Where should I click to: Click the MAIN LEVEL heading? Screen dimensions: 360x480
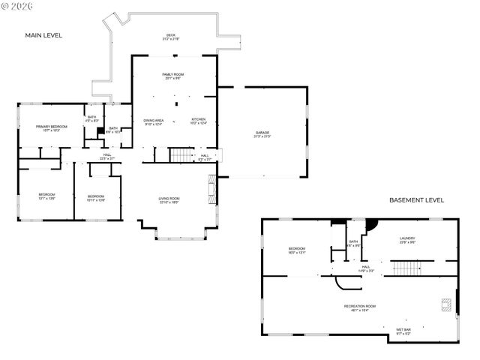point(43,35)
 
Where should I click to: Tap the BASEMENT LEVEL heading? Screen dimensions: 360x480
point(416,200)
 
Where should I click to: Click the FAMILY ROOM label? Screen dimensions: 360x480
point(173,76)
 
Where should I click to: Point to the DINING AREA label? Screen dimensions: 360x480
point(154,121)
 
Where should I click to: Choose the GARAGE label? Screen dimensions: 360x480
point(262,134)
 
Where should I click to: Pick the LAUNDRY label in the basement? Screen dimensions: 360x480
point(407,239)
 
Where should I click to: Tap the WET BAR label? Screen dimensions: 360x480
point(403,331)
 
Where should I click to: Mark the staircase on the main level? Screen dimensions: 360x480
point(181,155)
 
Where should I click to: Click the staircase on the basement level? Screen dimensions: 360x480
point(406,268)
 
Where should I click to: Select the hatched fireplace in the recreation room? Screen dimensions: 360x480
point(447,304)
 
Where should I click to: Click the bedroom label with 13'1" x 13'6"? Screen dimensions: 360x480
point(46,196)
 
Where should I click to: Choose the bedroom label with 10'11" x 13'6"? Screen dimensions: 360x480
point(95,198)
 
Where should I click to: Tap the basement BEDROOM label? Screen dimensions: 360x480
point(297,250)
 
